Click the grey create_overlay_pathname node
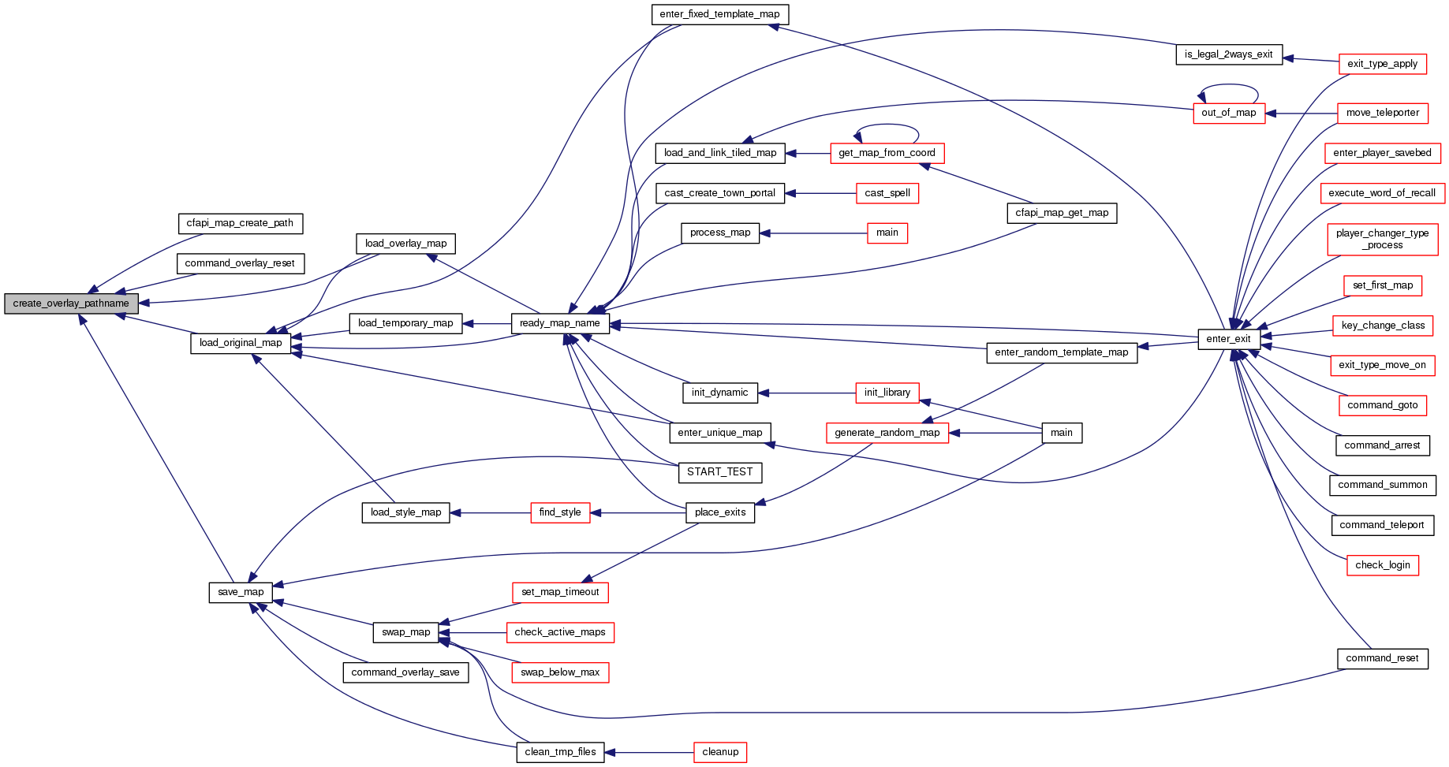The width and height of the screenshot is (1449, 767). click(x=71, y=303)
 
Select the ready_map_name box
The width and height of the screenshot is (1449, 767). click(x=559, y=323)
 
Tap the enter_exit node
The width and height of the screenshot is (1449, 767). click(x=1228, y=339)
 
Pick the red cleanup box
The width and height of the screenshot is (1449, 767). click(x=719, y=752)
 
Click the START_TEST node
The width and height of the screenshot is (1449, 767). click(x=719, y=472)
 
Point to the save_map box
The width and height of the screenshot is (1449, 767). click(x=241, y=592)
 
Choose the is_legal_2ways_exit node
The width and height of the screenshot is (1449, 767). click(x=1228, y=54)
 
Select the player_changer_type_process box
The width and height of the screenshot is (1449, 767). click(x=1382, y=239)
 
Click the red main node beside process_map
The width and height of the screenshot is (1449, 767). click(x=887, y=233)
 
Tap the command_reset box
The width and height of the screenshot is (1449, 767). click(x=1382, y=658)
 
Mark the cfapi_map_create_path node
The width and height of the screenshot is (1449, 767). click(x=240, y=223)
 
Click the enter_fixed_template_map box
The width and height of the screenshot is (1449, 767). click(x=719, y=14)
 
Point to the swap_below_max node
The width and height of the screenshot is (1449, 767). click(x=560, y=672)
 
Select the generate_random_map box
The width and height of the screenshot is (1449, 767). click(x=887, y=433)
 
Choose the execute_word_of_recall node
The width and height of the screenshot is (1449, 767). click(x=1382, y=193)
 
